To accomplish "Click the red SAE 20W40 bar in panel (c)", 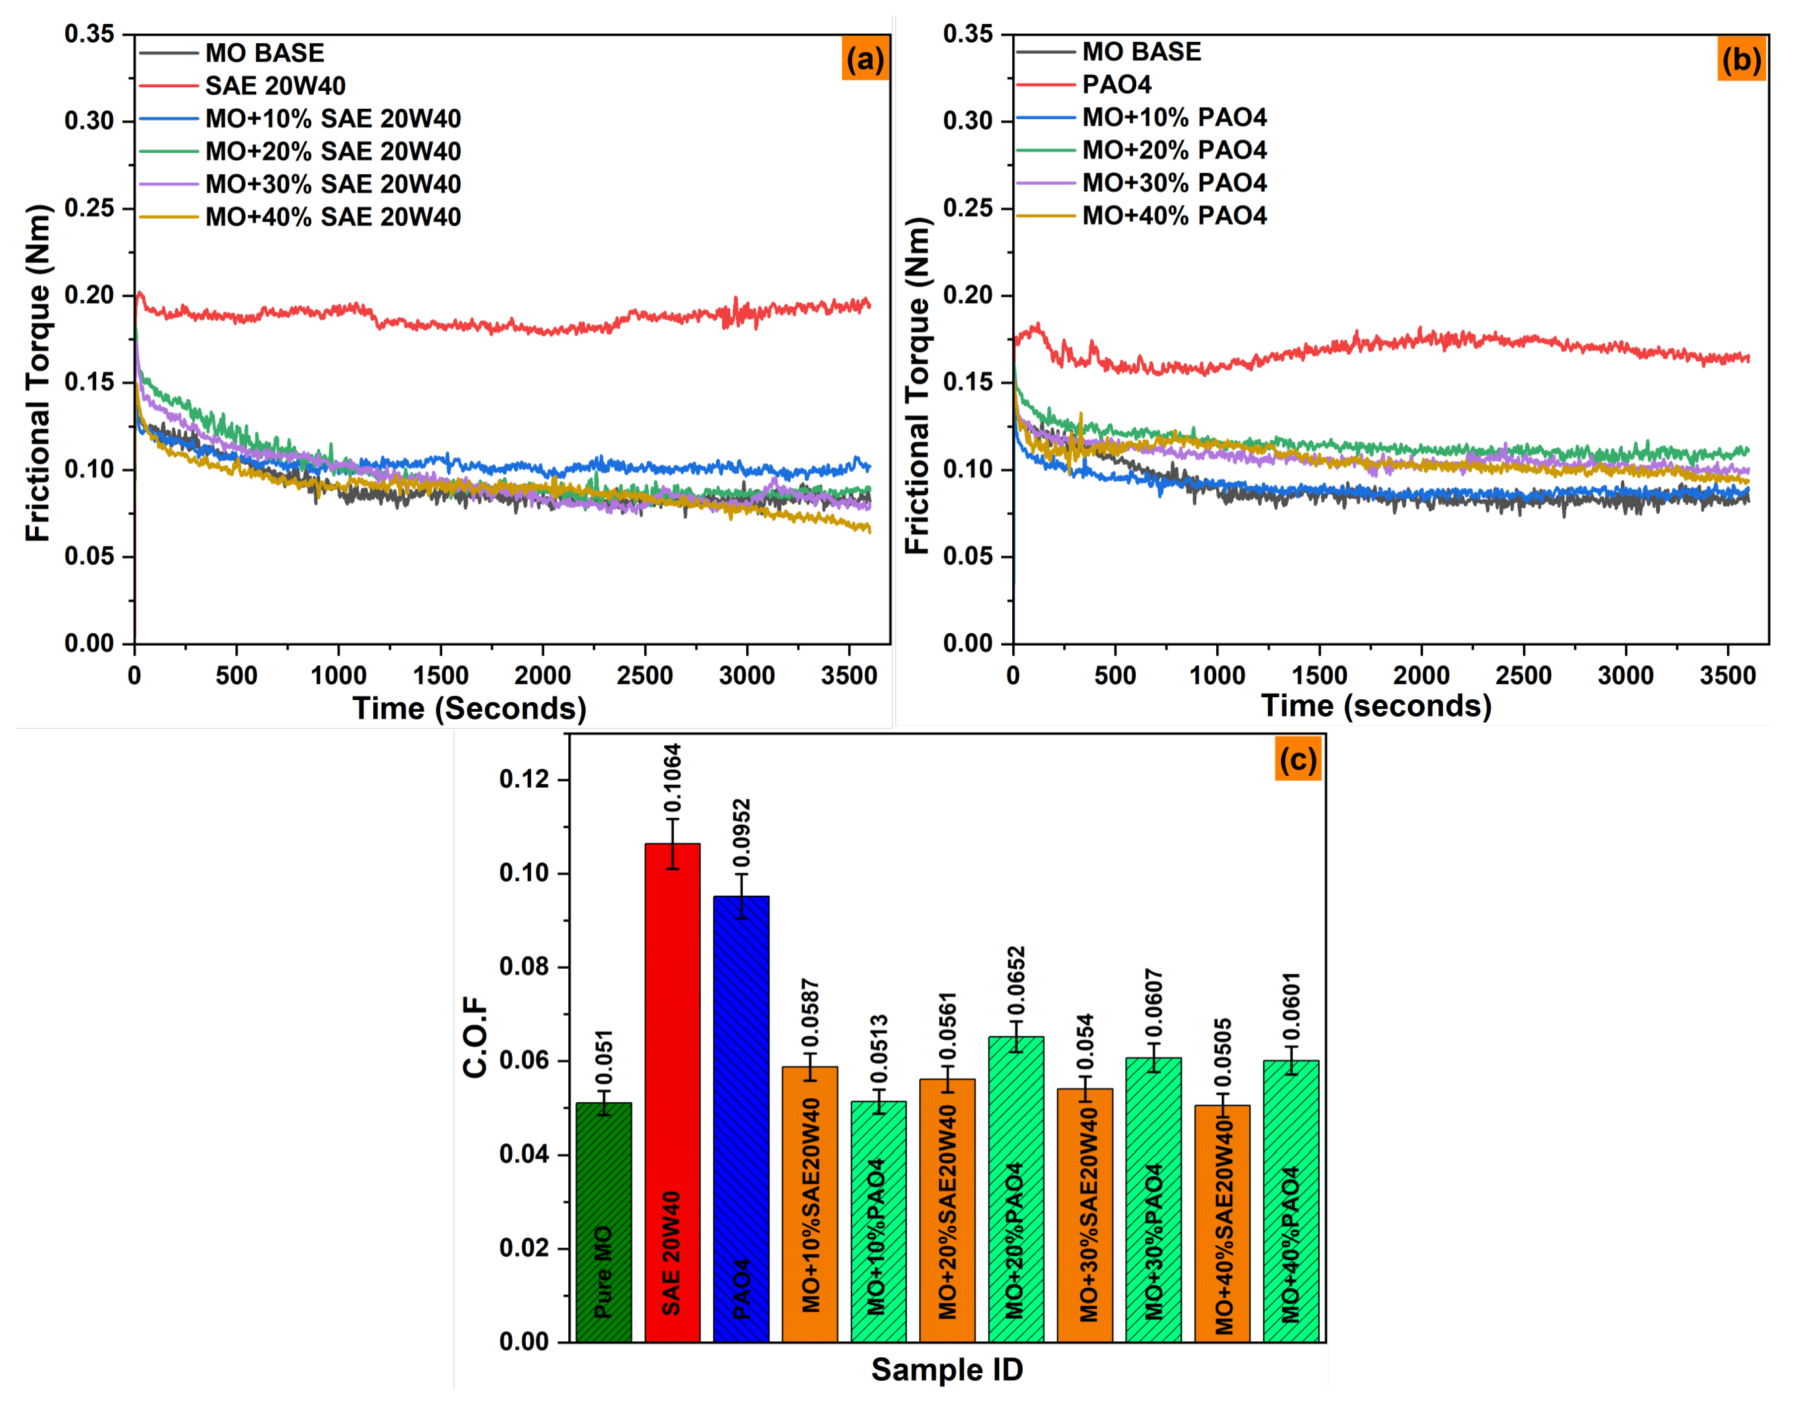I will click(672, 1068).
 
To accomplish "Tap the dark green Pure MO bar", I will click(604, 1215).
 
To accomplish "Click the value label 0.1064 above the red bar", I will click(673, 779).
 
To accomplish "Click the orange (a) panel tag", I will click(865, 60).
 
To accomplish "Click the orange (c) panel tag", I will click(1298, 760).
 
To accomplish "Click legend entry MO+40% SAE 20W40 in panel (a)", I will click(333, 217).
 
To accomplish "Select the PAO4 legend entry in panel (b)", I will click(1116, 84).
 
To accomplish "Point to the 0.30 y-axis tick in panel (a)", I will click(89, 121).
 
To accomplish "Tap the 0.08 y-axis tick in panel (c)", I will click(523, 967).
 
